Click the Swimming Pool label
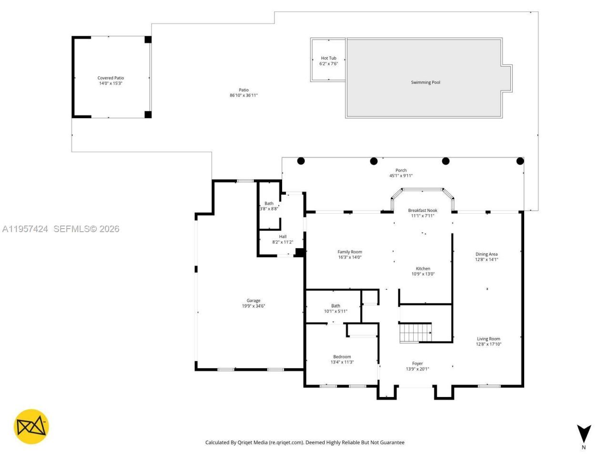tap(425, 83)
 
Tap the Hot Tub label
tap(328, 58)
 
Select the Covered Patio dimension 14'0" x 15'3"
tap(111, 83)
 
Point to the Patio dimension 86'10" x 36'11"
tap(244, 95)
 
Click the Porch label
tap(401, 170)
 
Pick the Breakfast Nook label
tap(422, 210)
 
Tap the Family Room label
tap(350, 252)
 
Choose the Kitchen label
tap(423, 269)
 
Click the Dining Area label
tap(486, 254)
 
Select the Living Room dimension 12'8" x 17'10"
tap(488, 344)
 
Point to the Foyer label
tap(417, 364)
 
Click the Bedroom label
tap(342, 357)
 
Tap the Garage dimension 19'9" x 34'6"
tap(254, 306)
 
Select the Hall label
tap(283, 237)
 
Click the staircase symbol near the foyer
tap(415, 333)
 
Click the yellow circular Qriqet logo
tap(31, 427)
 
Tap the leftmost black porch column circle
tap(301, 161)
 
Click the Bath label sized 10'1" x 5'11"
tap(335, 306)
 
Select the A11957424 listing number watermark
tap(25, 229)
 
